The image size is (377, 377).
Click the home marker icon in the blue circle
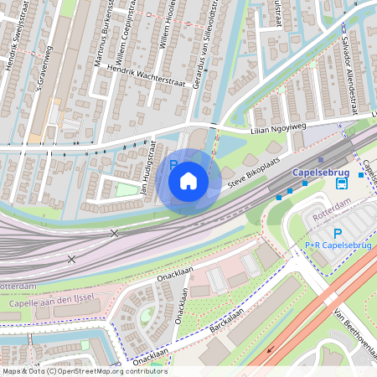pos(188,181)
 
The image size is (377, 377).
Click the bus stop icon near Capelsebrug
pos(342,183)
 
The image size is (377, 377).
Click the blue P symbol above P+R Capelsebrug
pos(338,234)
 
